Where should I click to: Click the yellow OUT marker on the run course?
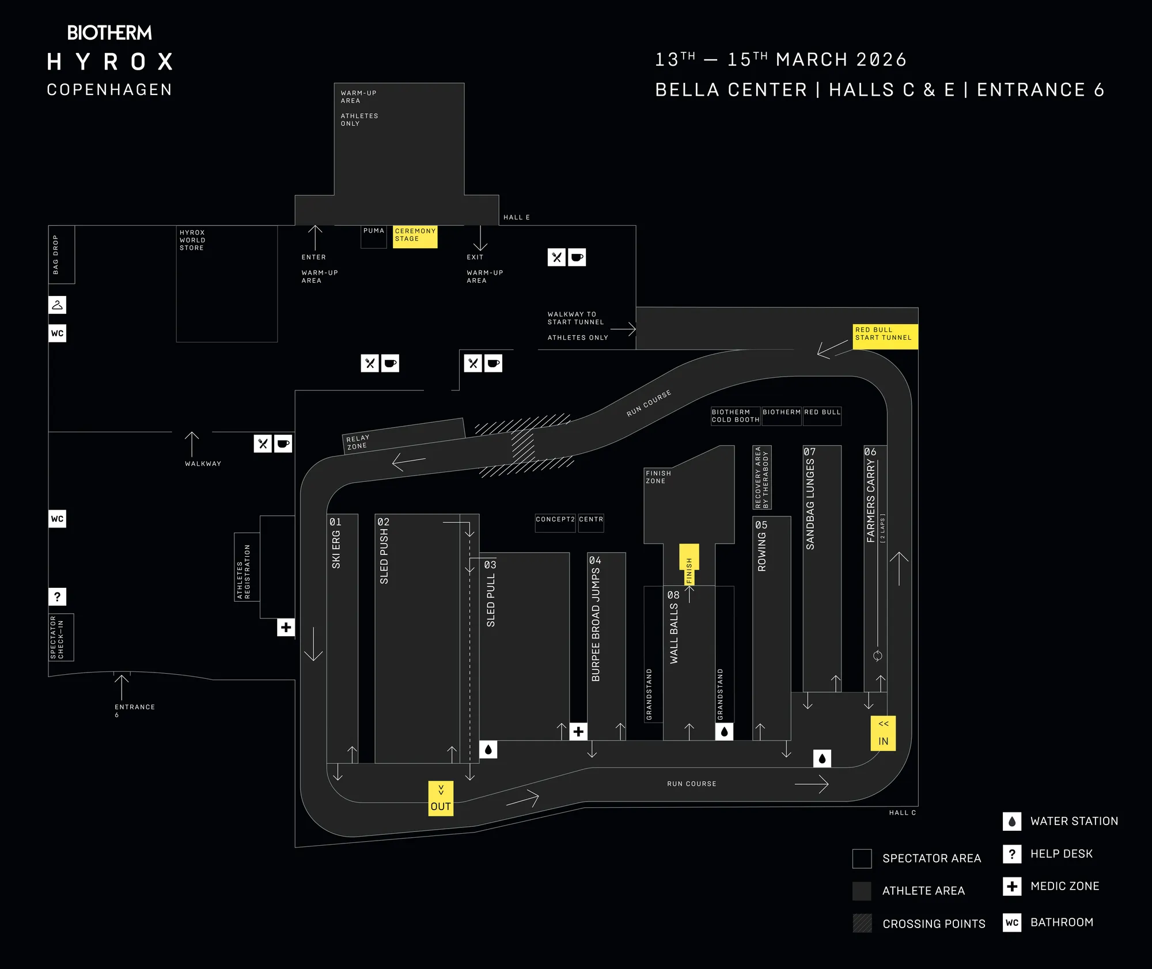[441, 798]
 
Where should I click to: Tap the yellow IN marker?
[883, 733]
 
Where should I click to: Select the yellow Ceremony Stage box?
[415, 236]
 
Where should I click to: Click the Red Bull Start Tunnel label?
[884, 335]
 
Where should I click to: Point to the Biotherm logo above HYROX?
[109, 33]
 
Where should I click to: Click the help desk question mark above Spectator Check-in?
[57, 596]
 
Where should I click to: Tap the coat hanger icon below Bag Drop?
[57, 305]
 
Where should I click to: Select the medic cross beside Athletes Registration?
[286, 627]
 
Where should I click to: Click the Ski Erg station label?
[336, 549]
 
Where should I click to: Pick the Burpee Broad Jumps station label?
[596, 625]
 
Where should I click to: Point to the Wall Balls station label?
[674, 633]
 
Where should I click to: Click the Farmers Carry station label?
[871, 501]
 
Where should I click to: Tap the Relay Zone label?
[358, 442]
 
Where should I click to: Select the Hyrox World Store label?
[192, 240]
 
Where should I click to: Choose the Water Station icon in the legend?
[1012, 821]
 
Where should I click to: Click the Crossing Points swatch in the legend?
[862, 923]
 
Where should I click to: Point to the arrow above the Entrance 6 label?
[122, 686]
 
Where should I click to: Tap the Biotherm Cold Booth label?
[736, 416]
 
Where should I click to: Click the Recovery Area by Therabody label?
[761, 477]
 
